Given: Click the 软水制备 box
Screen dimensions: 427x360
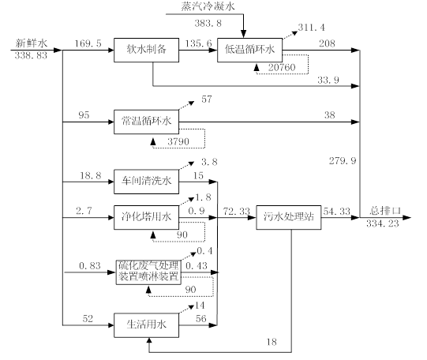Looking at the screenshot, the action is pyautogui.click(x=146, y=50).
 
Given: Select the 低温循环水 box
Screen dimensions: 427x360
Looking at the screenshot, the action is pyautogui.click(x=249, y=50).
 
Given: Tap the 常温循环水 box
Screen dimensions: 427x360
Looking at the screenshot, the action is pyautogui.click(x=146, y=122).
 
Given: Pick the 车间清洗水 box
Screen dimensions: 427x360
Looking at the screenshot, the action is pyautogui.click(x=146, y=182).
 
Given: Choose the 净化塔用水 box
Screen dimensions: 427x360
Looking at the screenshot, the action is pyautogui.click(x=146, y=217).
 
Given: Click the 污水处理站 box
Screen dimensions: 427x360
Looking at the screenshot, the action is pyautogui.click(x=289, y=217).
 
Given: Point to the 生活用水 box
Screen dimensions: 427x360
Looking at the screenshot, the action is pyautogui.click(x=146, y=325).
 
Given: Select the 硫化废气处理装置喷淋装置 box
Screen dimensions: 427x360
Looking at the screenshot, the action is pyautogui.click(x=148, y=272).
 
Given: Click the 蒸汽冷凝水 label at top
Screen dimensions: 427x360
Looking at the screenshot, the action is pyautogui.click(x=208, y=6).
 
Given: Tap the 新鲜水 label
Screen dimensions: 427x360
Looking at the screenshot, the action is pyautogui.click(x=32, y=43).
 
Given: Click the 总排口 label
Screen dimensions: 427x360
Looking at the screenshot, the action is pyautogui.click(x=385, y=211).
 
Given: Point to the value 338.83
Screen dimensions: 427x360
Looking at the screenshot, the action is pyautogui.click(x=31, y=55).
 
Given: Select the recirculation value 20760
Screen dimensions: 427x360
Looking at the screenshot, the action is pyautogui.click(x=282, y=67).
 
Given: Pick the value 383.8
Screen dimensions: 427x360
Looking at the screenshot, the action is pyautogui.click(x=208, y=23).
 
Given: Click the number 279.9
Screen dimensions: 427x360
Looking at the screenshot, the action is pyautogui.click(x=343, y=161).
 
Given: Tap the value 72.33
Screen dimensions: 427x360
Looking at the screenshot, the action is pyautogui.click(x=236, y=211).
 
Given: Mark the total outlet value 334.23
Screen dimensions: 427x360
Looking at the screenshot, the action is pyautogui.click(x=382, y=223).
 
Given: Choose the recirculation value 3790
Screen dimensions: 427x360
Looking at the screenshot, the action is pyautogui.click(x=178, y=141).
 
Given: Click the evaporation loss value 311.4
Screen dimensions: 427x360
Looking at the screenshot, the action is pyautogui.click(x=311, y=27).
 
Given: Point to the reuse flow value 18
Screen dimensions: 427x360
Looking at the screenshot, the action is pyautogui.click(x=272, y=342).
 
